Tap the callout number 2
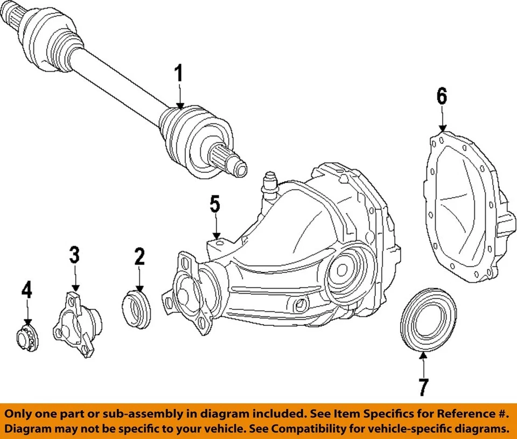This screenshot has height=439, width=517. tap(139, 257)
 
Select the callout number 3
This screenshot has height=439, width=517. tap(74, 255)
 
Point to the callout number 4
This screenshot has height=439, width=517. tap(26, 290)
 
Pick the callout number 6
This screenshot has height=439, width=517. tap(442, 97)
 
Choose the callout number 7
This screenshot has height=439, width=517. tap(423, 387)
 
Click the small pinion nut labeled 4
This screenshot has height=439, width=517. tap(25, 339)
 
